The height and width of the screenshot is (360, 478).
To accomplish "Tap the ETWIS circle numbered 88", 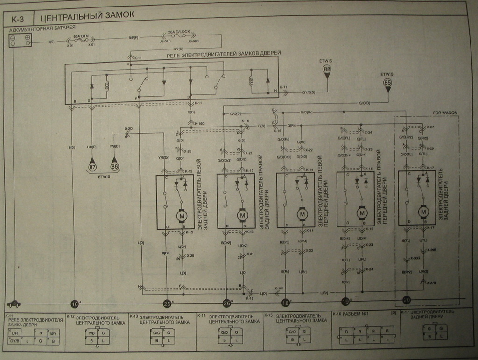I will (327, 69).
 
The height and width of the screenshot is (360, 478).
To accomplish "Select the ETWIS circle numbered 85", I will (387, 83).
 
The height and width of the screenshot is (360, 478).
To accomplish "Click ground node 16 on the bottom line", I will (74, 304).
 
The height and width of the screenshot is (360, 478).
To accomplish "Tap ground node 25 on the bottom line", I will (167, 304).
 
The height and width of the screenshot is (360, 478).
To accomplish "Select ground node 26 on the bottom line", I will (227, 304).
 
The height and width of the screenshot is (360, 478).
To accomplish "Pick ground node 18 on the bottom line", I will (285, 304).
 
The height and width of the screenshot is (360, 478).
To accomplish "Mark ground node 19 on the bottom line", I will (345, 302).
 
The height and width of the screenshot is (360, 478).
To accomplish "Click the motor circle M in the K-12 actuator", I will (181, 215).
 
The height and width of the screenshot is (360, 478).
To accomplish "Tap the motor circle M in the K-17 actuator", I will (423, 212).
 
